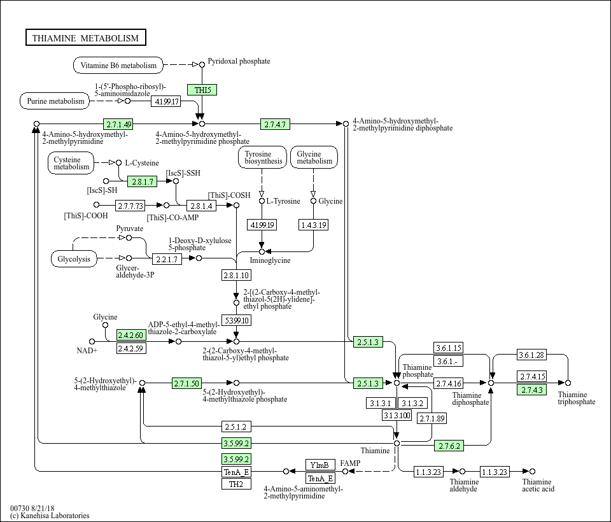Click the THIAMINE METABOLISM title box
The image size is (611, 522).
(x=86, y=38)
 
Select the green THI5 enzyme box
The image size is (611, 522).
(x=202, y=90)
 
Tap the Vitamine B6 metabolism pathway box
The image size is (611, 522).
(x=118, y=65)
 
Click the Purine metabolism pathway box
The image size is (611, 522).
(x=55, y=101)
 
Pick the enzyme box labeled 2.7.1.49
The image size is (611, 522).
(x=118, y=124)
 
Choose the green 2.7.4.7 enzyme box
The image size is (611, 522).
(x=275, y=124)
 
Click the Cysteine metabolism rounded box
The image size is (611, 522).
(x=71, y=163)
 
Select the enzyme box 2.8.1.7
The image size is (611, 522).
(x=143, y=181)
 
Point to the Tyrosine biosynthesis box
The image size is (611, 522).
(x=262, y=157)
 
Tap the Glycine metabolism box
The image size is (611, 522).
(x=314, y=157)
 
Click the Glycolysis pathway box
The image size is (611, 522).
(x=74, y=259)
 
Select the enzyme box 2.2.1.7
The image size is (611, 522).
(x=167, y=259)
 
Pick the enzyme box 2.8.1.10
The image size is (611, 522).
(x=236, y=275)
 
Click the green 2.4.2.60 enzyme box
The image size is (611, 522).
(x=131, y=335)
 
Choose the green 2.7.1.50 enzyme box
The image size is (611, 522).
(x=187, y=383)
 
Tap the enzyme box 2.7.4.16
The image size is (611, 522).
(x=449, y=383)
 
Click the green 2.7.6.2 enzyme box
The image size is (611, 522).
(x=449, y=446)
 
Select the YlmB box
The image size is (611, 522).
(x=320, y=465)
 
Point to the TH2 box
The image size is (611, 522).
(x=236, y=484)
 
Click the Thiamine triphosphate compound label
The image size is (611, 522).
(x=577, y=398)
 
